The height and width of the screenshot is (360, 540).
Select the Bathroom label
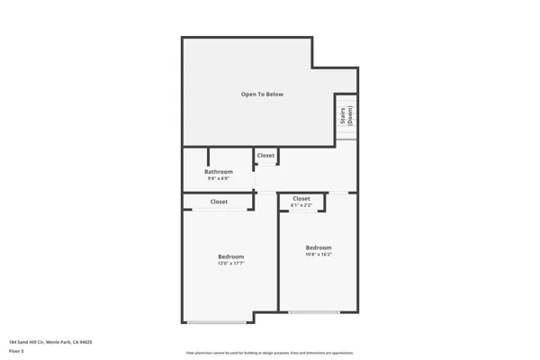click(x=219, y=171)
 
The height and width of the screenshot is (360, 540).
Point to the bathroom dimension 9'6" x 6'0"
click(x=219, y=178)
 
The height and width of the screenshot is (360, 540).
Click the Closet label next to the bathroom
click(x=265, y=156)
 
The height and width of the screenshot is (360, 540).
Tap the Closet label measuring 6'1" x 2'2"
click(x=301, y=198)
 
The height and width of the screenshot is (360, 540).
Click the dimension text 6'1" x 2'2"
click(x=301, y=205)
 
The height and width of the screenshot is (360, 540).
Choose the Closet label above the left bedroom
click(x=219, y=202)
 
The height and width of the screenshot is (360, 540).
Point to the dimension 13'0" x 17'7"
click(x=231, y=264)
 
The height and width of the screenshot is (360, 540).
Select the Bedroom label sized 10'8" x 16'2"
click(x=319, y=247)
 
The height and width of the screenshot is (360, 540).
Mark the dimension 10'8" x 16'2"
click(x=319, y=255)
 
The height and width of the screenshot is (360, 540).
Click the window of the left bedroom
click(x=216, y=322)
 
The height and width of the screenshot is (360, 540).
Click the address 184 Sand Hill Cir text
click(x=50, y=342)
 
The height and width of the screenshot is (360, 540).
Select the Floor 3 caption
click(x=16, y=351)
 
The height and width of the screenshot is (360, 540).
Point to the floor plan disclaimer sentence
click(x=269, y=352)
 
